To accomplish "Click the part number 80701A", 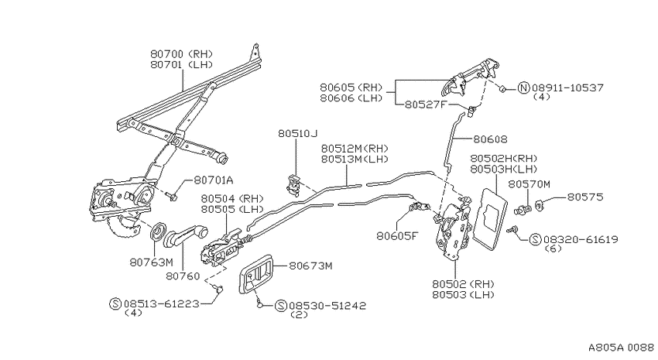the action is (214, 180).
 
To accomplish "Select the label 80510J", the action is (297, 133).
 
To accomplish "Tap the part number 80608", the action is (490, 139).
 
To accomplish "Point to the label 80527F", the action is (425, 105).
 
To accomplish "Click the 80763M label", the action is (151, 262).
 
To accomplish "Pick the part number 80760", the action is (183, 276).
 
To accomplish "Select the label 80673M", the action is (310, 266).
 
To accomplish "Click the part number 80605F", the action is (397, 236).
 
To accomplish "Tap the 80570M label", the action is (529, 184).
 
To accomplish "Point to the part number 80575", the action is (585, 197).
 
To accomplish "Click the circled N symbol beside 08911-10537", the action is (523, 88).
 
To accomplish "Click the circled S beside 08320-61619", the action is (535, 239).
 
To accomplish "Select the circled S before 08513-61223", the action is (115, 303).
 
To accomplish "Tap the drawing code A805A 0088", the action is (621, 348).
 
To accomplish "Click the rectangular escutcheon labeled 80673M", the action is (256, 273).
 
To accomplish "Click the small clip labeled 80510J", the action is (293, 184).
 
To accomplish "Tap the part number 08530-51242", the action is (327, 306).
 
